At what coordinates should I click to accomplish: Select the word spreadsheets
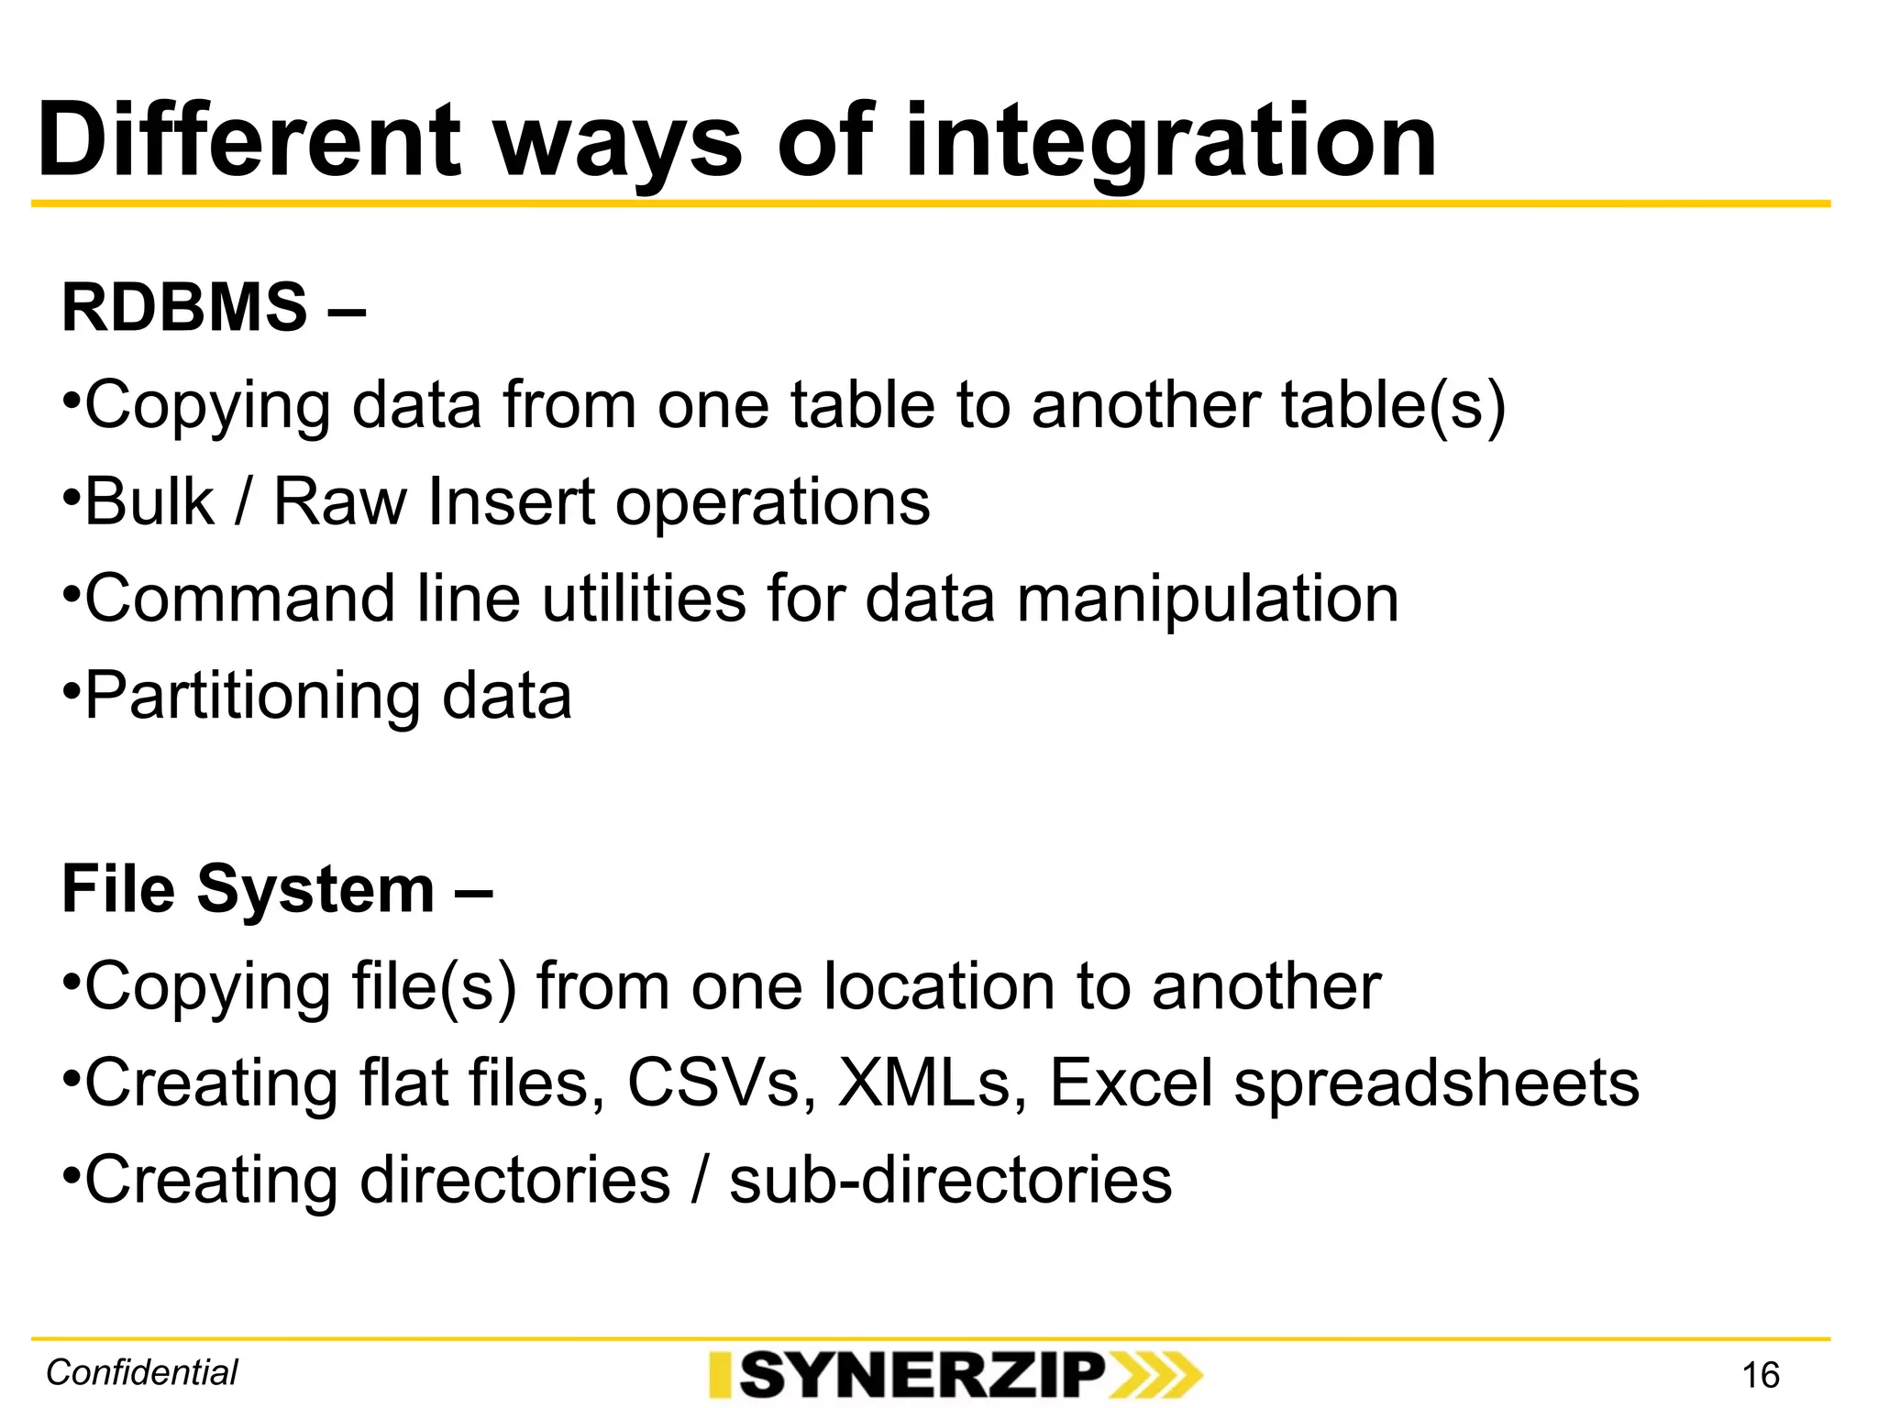pos(1436,1084)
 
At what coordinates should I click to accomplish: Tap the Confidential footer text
pos(142,1372)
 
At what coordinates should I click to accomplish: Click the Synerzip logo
pos(955,1374)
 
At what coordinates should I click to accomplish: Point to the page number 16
pos(1760,1375)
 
